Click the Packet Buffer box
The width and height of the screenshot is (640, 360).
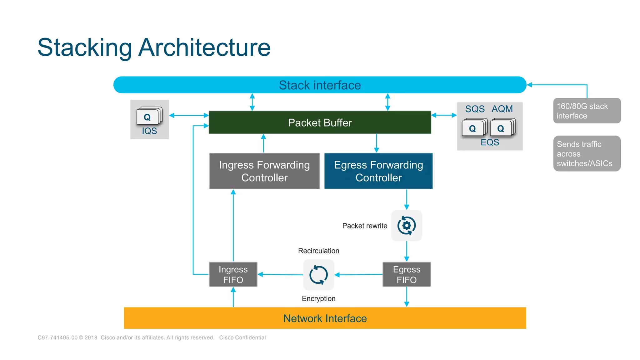point(320,122)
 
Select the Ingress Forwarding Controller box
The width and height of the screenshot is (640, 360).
point(264,171)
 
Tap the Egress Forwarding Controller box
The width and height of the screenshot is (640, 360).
point(378,171)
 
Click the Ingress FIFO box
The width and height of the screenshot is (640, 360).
point(233,274)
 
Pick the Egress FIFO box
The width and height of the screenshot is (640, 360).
point(407,274)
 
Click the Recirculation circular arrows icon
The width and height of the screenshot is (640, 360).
point(318,275)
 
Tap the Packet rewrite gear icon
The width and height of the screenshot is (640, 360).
point(407,225)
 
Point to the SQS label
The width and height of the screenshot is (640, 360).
point(475,109)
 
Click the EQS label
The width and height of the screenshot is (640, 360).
point(490,142)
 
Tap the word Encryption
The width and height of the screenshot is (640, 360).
point(318,299)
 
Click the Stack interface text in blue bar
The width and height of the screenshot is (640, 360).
point(320,85)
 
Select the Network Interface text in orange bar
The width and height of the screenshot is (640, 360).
point(325,318)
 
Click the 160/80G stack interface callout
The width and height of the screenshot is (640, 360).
point(587,111)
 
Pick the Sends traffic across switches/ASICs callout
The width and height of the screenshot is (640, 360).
point(587,153)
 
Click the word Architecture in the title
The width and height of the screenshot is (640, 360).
point(204,47)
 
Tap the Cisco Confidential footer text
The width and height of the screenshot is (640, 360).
point(242,337)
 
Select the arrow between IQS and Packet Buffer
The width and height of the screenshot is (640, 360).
point(189,115)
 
